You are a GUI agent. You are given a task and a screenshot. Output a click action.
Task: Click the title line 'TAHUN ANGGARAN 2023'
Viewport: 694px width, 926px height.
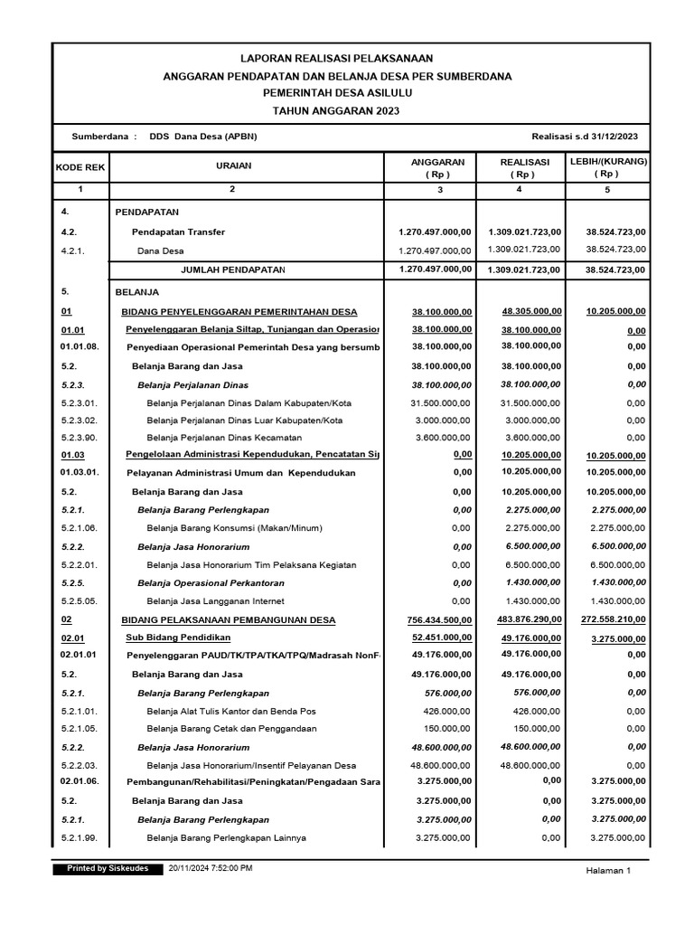[335, 110]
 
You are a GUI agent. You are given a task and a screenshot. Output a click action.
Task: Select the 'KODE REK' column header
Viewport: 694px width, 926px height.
[80, 167]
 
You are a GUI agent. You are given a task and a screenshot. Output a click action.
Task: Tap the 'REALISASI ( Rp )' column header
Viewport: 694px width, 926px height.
[519, 167]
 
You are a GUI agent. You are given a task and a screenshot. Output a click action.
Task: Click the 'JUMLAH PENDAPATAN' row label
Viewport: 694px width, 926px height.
[233, 269]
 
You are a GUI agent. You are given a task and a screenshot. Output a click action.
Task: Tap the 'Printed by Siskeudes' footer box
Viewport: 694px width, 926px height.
[108, 868]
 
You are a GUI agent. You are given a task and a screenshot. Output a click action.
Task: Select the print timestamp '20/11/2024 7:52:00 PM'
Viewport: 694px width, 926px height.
[211, 868]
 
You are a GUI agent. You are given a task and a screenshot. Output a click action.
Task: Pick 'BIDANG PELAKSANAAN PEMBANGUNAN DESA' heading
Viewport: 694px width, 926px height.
[229, 619]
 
